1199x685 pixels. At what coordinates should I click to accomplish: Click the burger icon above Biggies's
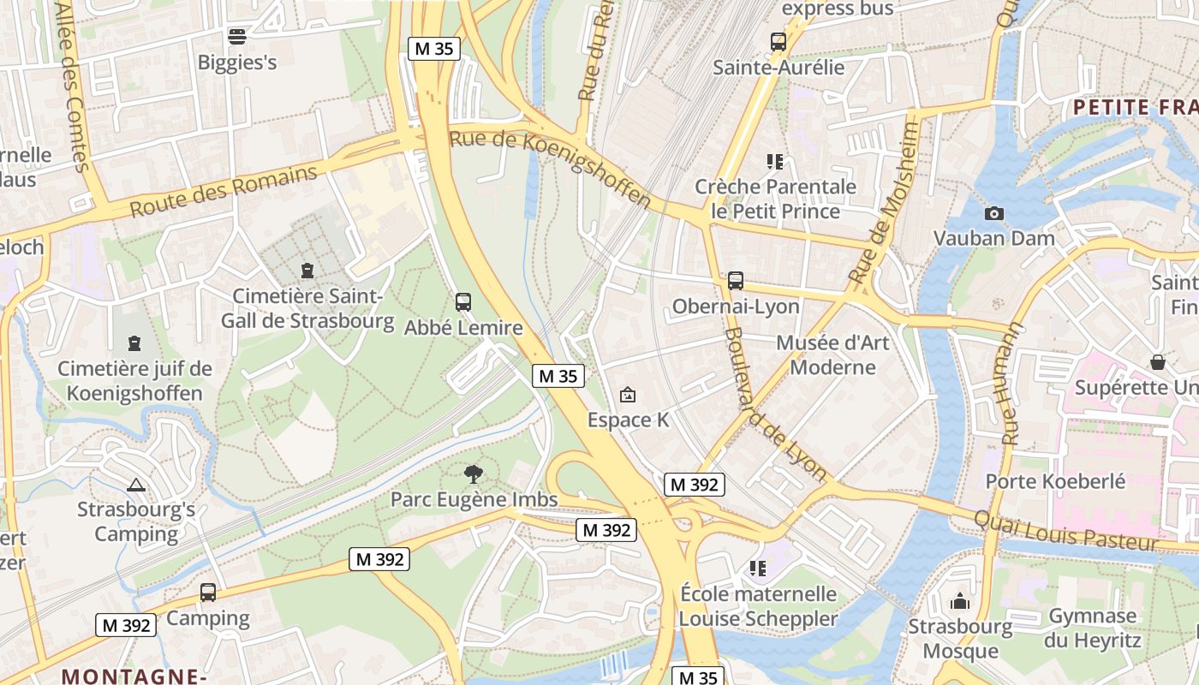(x=237, y=36)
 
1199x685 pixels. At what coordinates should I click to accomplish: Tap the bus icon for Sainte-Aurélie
(x=778, y=41)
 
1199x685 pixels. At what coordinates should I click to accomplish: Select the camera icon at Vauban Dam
(x=993, y=213)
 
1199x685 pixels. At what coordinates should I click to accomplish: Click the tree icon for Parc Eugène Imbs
(x=473, y=474)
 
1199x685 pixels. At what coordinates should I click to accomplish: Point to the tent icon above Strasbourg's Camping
(x=135, y=485)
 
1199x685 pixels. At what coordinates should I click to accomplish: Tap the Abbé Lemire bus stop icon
(x=463, y=302)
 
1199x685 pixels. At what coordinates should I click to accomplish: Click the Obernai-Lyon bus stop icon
(x=736, y=281)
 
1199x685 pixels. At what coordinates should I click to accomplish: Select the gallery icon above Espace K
(x=628, y=395)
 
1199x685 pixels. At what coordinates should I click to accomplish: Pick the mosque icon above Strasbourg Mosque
(x=960, y=601)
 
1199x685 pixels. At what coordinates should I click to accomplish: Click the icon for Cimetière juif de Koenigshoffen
(x=134, y=343)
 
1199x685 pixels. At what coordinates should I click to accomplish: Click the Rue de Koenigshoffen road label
(x=550, y=168)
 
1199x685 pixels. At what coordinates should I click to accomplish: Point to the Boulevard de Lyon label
(x=775, y=404)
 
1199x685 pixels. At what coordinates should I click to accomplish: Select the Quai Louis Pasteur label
(x=1065, y=529)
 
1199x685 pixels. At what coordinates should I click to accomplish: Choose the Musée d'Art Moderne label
(x=832, y=355)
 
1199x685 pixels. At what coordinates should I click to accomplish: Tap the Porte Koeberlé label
(x=1055, y=481)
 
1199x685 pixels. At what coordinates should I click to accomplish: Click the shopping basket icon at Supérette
(x=1158, y=362)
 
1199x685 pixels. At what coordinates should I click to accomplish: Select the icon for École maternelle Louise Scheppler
(x=757, y=568)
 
